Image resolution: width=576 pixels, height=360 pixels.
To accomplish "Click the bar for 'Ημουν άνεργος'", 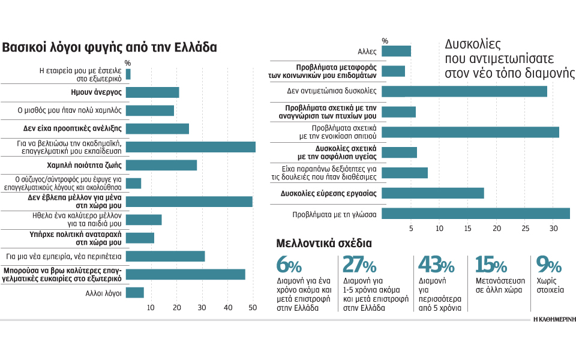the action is click(x=152, y=92).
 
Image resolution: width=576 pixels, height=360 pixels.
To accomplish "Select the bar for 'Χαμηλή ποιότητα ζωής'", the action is click(x=161, y=166).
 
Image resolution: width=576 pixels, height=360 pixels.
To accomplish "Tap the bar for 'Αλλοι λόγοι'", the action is click(x=135, y=293).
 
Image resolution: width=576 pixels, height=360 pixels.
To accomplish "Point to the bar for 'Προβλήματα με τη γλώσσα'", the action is click(x=476, y=214).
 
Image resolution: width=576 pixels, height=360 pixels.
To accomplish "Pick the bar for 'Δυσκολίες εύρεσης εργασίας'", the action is click(x=433, y=193).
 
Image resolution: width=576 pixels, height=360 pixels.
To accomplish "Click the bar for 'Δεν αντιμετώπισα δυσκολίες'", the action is click(x=464, y=91).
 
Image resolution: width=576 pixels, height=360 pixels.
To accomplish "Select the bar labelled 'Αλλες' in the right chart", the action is click(x=397, y=51).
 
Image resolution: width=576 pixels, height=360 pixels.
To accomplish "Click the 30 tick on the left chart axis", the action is click(x=202, y=307).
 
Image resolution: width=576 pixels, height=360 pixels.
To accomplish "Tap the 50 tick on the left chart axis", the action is click(x=253, y=307).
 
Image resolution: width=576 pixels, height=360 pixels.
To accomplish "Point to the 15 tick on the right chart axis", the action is click(x=467, y=229).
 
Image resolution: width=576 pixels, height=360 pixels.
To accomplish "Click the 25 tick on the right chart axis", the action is click(x=526, y=229).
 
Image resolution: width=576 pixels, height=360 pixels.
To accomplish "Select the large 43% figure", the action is click(x=436, y=265).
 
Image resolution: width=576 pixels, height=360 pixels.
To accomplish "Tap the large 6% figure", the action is click(x=289, y=265).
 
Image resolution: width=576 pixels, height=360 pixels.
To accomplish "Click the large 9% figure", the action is click(x=549, y=265).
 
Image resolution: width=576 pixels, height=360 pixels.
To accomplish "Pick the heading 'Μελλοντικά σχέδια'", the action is click(x=324, y=244).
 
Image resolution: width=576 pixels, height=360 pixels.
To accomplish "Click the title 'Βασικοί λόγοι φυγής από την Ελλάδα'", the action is click(x=109, y=47).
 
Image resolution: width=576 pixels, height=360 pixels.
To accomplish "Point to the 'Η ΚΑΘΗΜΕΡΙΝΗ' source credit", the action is click(x=554, y=320).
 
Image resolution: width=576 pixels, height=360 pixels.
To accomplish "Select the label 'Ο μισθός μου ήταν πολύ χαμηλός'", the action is click(x=70, y=110).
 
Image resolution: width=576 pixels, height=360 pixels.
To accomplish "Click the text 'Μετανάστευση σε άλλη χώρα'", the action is click(x=500, y=286).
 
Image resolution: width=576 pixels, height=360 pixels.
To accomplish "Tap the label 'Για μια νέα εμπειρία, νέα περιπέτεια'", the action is click(x=64, y=256).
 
